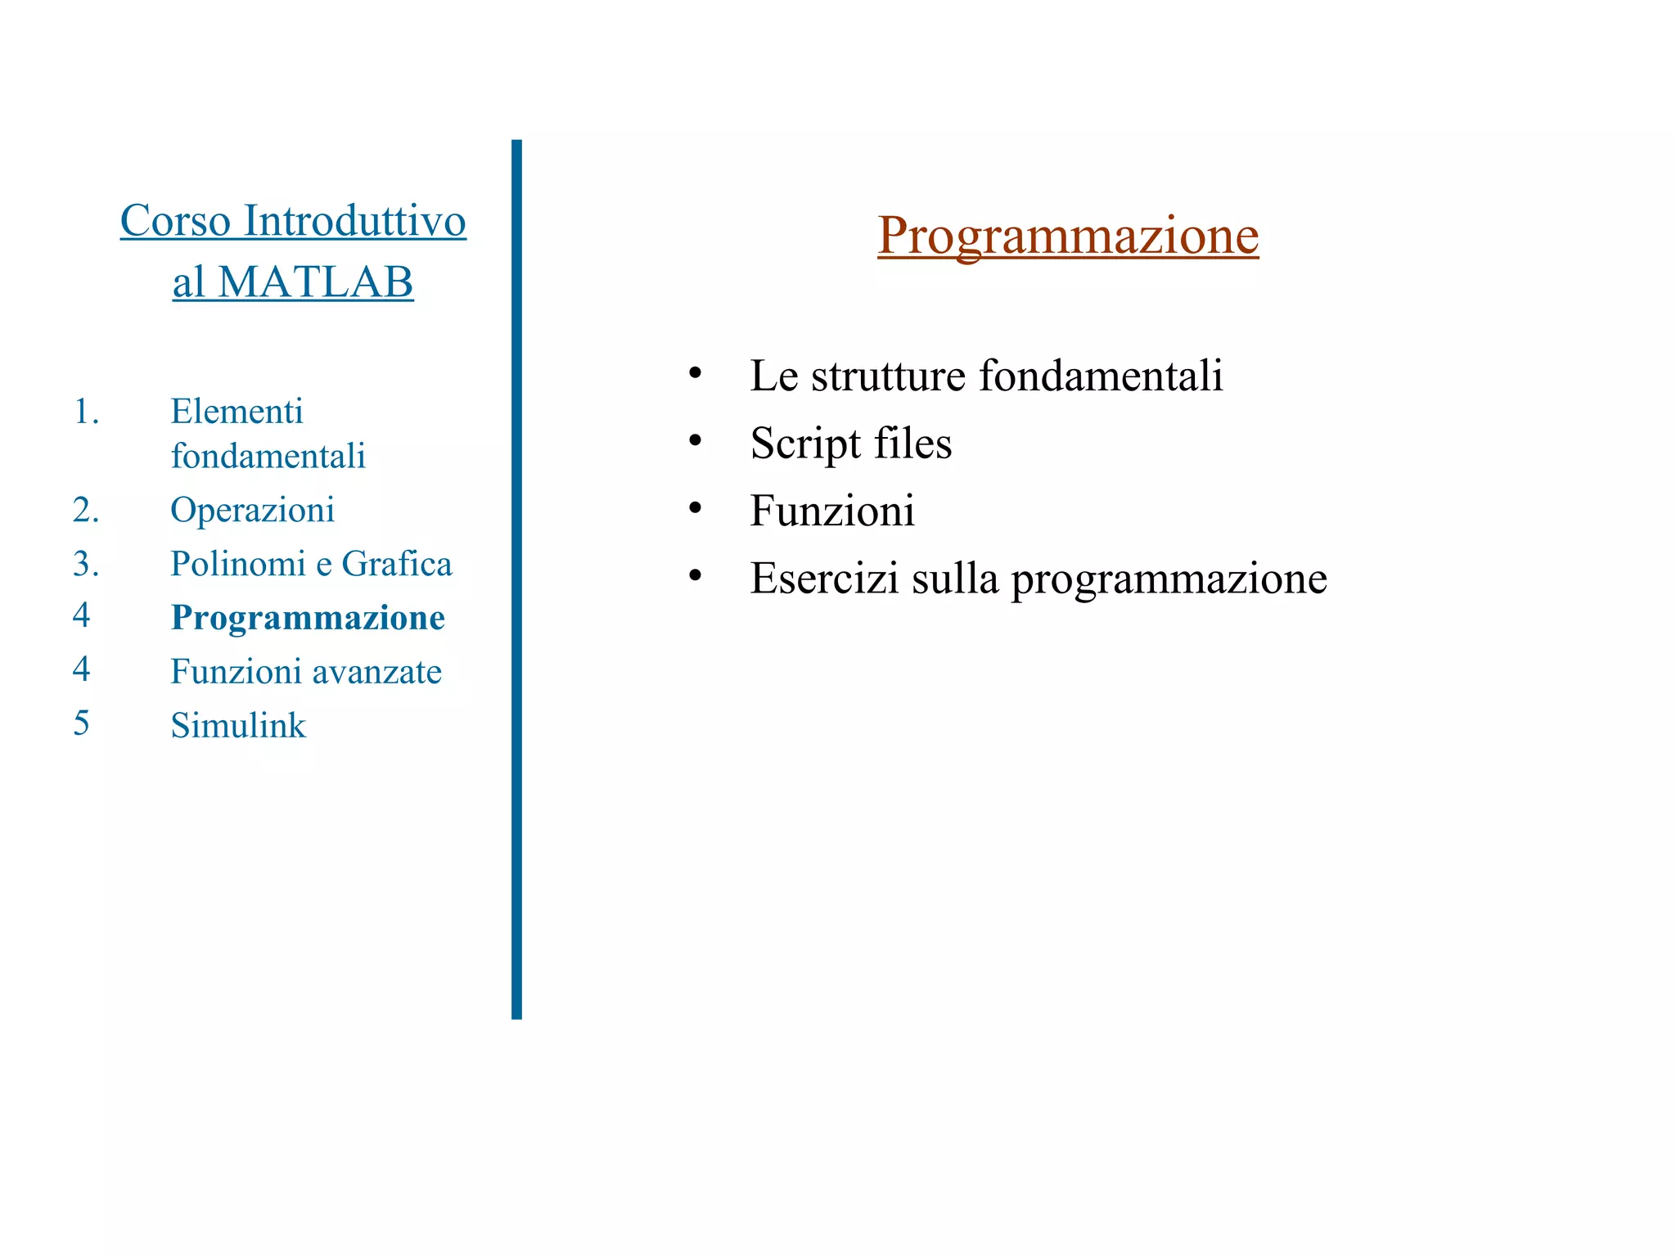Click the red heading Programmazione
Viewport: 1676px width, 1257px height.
[1067, 236]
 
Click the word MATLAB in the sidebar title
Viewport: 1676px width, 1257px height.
[316, 282]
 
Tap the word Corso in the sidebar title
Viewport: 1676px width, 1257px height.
[175, 221]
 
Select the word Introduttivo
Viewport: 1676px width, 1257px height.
[354, 221]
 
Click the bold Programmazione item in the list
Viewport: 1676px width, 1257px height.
[308, 618]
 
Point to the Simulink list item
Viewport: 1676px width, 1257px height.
[238, 726]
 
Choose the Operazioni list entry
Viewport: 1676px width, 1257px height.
[252, 510]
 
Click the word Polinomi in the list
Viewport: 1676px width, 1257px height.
[237, 564]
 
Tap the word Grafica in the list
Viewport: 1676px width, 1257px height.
[396, 564]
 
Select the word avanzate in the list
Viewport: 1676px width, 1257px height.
[377, 672]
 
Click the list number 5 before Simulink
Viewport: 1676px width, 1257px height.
[81, 723]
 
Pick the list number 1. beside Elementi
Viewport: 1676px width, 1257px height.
[86, 412]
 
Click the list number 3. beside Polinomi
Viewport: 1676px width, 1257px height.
[86, 564]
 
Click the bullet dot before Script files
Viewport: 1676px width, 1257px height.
[695, 441]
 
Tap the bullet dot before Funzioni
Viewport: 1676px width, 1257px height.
[695, 508]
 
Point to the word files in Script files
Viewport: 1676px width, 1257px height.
[912, 444]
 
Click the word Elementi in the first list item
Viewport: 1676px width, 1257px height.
[237, 412]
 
